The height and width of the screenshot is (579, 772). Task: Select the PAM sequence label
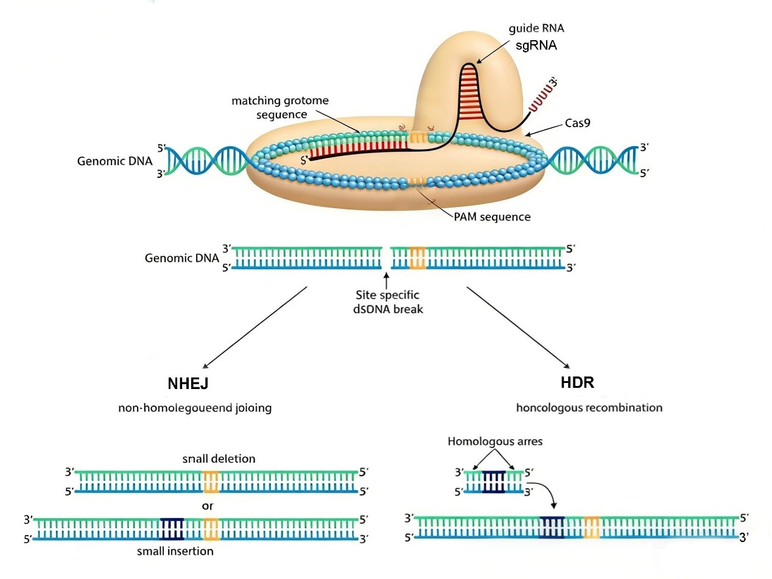[491, 217]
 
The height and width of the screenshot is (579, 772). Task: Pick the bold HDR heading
[577, 383]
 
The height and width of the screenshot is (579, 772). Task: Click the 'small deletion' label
[211, 458]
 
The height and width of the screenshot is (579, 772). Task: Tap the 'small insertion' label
[175, 552]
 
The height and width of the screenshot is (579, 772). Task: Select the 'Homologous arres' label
[494, 441]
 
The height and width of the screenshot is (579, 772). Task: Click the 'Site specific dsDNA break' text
[387, 302]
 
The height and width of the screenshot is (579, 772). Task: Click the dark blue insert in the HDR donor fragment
[494, 481]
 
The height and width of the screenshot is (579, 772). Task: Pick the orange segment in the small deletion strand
[211, 481]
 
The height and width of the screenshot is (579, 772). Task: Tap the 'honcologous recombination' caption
[589, 407]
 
